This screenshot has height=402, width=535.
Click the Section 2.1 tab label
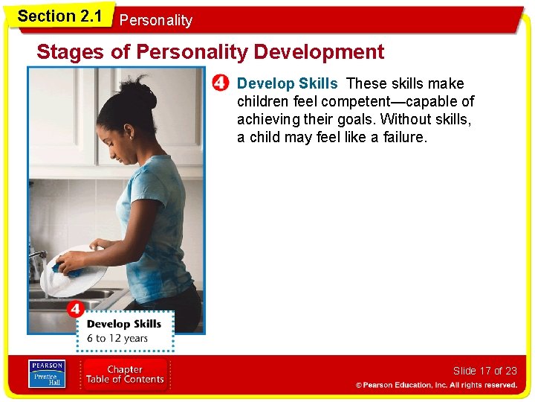click(x=59, y=16)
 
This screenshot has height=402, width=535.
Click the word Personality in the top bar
click(x=155, y=21)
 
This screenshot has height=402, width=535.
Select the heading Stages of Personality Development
click(x=210, y=52)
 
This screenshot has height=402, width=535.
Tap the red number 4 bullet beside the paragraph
click(x=220, y=83)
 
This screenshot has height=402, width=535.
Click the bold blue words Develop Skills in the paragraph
click(x=287, y=83)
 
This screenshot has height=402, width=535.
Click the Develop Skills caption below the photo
click(x=123, y=324)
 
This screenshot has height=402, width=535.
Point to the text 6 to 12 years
click(x=117, y=338)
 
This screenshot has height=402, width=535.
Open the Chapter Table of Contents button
click(x=124, y=374)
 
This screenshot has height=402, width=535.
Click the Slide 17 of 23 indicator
click(x=484, y=371)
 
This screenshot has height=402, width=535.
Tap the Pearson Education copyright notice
click(x=436, y=385)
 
